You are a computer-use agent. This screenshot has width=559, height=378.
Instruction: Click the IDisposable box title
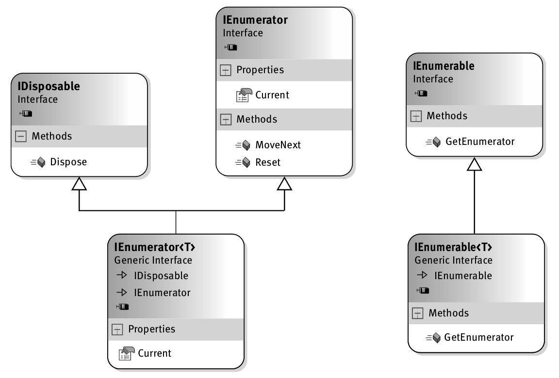[49, 87]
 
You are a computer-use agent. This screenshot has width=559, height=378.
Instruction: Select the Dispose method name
[68, 162]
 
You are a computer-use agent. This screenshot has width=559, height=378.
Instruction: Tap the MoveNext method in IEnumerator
[278, 145]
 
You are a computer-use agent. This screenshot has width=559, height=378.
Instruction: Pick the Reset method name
[268, 162]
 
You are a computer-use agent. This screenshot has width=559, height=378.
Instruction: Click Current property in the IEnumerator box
[272, 95]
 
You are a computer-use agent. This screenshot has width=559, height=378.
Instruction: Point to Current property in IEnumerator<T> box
[154, 353]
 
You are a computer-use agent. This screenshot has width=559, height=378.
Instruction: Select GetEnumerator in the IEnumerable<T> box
[478, 337]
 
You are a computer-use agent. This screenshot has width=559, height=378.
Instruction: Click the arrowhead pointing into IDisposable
[79, 184]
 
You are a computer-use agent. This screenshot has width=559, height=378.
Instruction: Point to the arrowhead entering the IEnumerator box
[284, 184]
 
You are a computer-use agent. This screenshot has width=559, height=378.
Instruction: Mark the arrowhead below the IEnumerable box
[474, 165]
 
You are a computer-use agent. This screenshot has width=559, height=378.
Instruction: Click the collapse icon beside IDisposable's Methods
[21, 137]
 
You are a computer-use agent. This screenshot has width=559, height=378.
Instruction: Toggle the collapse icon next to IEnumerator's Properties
[226, 70]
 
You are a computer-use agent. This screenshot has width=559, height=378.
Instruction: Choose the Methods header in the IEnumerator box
[257, 119]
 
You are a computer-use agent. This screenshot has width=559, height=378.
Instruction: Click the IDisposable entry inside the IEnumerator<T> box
[161, 276]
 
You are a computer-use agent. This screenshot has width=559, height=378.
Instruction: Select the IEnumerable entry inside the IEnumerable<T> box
[463, 276]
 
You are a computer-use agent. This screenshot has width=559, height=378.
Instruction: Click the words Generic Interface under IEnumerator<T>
[153, 260]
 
